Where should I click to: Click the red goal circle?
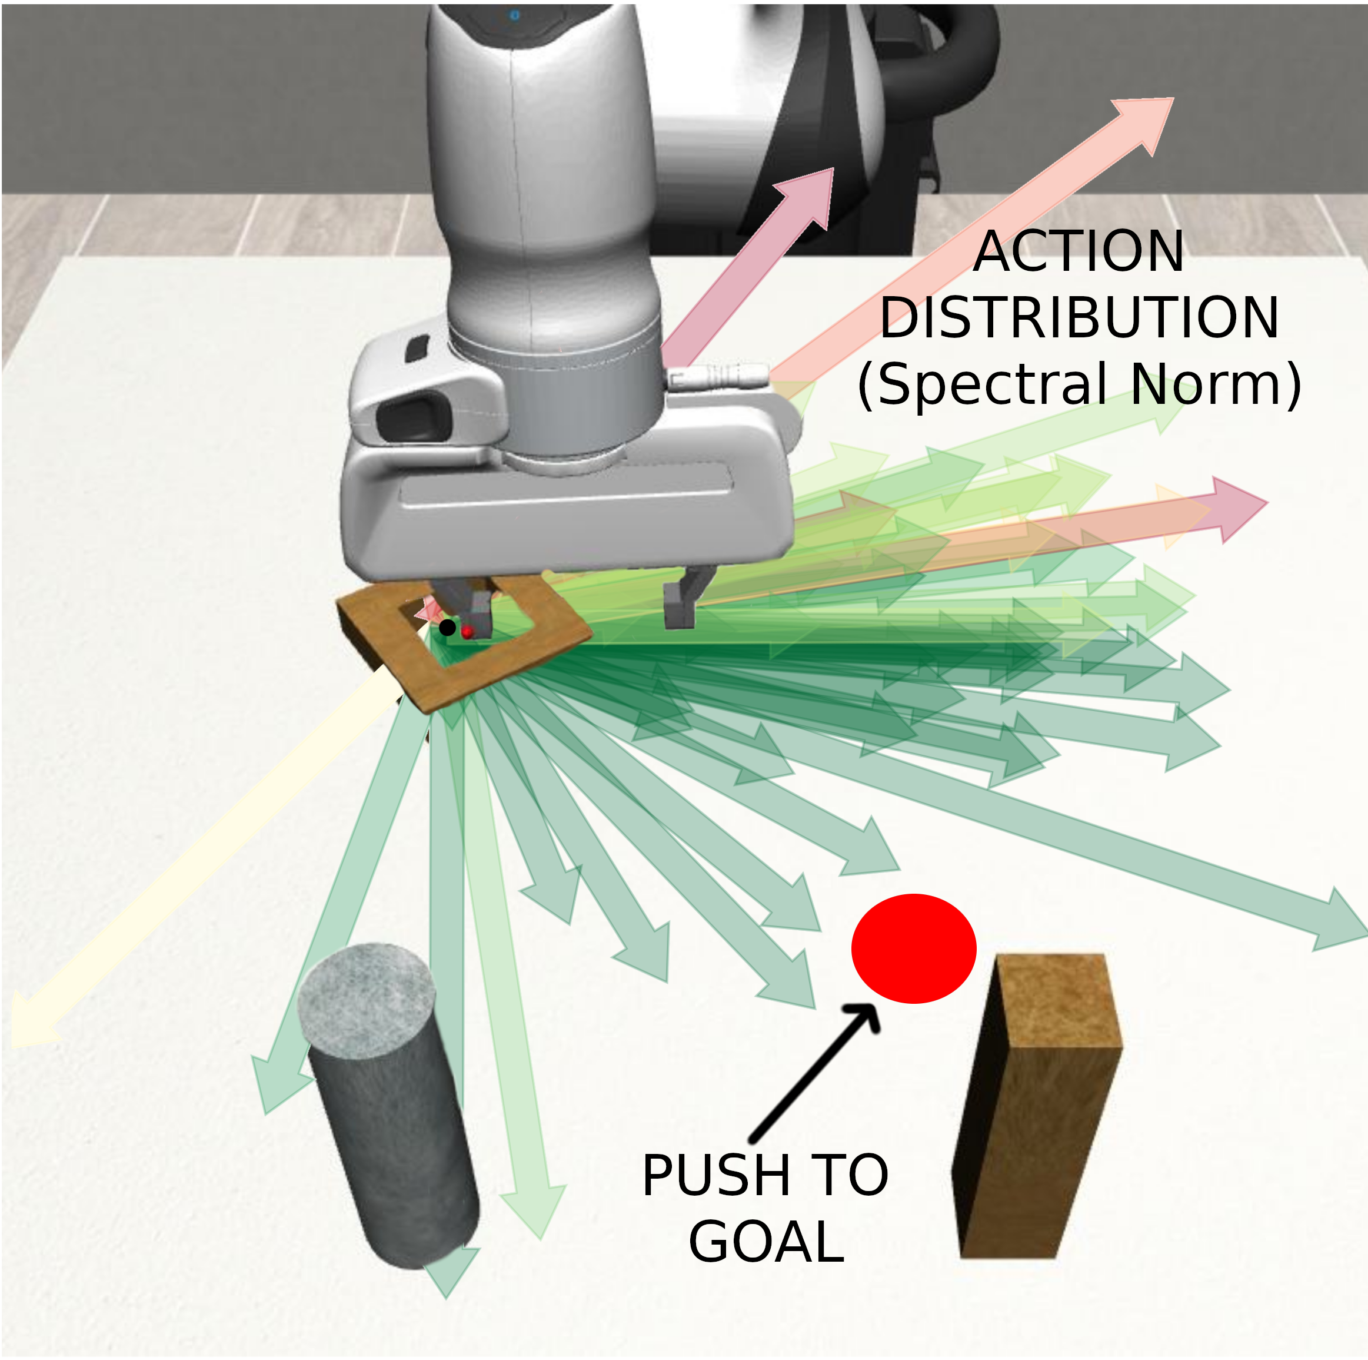(x=913, y=948)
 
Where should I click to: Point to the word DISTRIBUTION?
(x=1079, y=318)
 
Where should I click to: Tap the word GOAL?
(x=766, y=1242)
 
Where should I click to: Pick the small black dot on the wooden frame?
(x=447, y=627)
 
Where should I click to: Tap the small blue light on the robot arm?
(x=515, y=15)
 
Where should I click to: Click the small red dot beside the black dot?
(x=467, y=631)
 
